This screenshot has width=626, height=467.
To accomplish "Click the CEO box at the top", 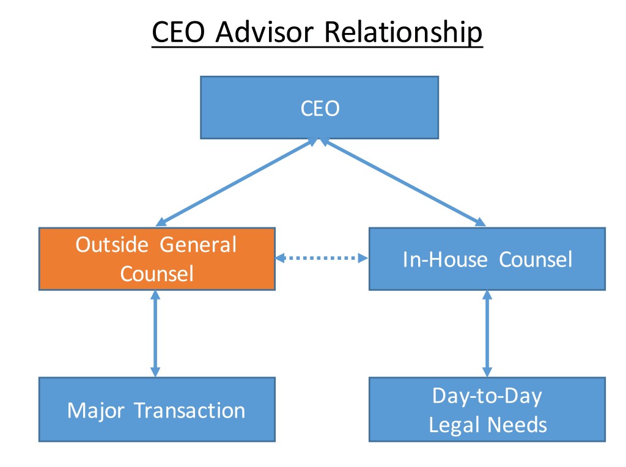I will (x=319, y=108).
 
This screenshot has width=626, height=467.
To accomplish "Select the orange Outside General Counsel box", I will (x=156, y=259).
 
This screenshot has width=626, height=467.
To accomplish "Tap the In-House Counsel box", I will (x=487, y=259).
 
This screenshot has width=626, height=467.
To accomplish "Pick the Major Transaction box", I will (x=156, y=409).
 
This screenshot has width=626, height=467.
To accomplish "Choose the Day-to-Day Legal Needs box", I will (x=487, y=409).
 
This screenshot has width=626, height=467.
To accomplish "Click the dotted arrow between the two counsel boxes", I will (x=322, y=259).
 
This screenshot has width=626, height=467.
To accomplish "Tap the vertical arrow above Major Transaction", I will (x=155, y=333).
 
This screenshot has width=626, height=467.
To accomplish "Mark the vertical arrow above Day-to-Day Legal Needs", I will (x=487, y=333).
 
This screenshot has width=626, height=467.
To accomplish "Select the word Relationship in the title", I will (x=403, y=32).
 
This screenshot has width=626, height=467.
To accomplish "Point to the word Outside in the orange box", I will (x=112, y=245).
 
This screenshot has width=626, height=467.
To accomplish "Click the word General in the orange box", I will (x=198, y=245).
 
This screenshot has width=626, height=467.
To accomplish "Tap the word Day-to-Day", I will (x=487, y=395).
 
